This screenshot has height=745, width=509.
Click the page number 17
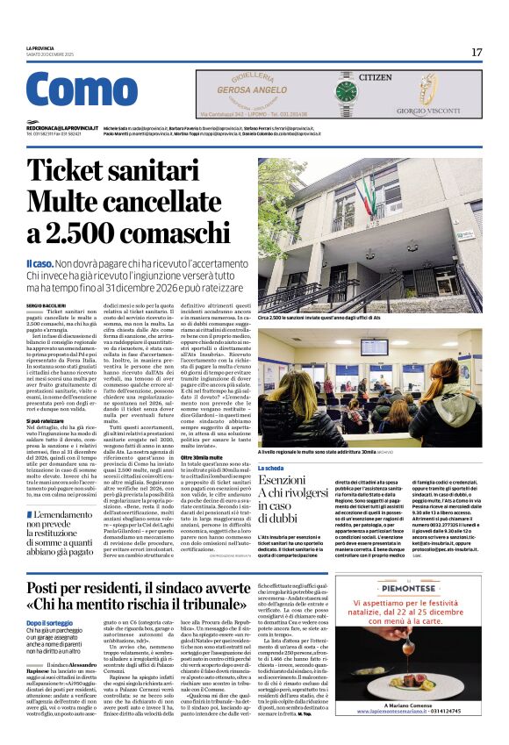[477, 52]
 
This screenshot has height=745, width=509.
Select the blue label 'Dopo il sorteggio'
[48, 622]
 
